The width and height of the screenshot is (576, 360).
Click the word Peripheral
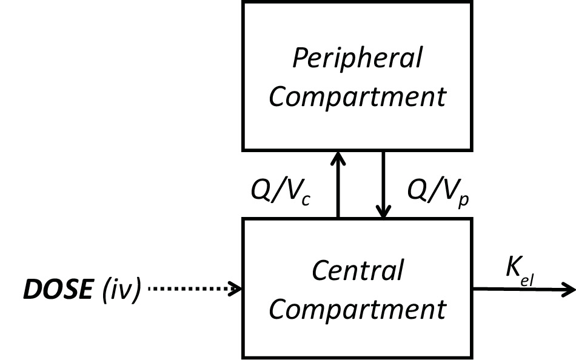tap(357, 59)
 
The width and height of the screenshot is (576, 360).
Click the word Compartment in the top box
tap(357, 96)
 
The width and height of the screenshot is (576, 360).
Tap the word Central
tap(357, 270)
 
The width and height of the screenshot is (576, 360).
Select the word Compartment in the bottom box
tap(357, 309)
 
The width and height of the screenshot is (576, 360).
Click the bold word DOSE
tap(58, 290)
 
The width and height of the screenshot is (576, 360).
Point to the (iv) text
tap(119, 290)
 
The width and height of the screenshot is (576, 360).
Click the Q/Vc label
tap(281, 192)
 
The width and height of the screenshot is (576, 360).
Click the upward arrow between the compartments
tap(338, 188)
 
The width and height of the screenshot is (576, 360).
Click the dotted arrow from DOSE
tap(191, 289)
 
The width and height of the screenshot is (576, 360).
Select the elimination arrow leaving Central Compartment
tap(521, 289)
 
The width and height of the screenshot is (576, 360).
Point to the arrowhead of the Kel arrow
tap(568, 289)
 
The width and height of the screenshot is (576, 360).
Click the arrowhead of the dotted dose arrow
tap(235, 289)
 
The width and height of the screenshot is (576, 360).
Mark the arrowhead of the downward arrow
tap(383, 212)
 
